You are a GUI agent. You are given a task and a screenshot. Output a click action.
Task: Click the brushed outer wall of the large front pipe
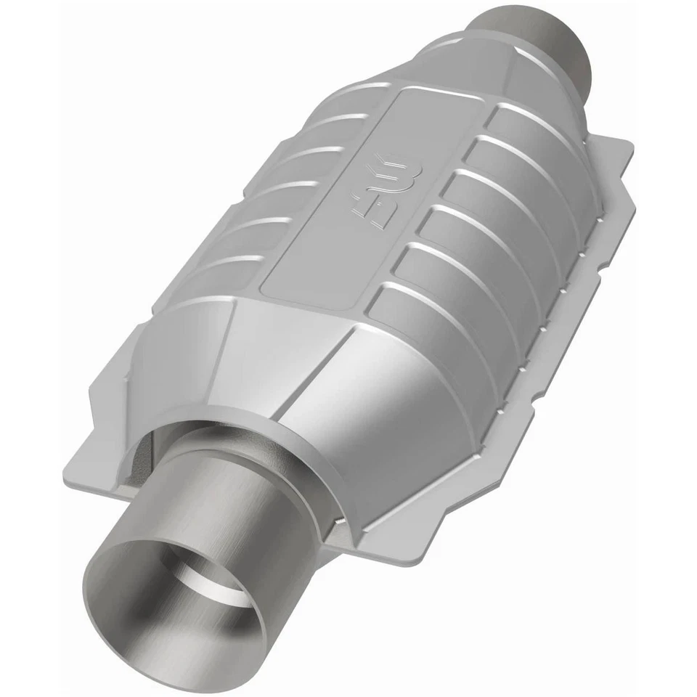click(x=240, y=508)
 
